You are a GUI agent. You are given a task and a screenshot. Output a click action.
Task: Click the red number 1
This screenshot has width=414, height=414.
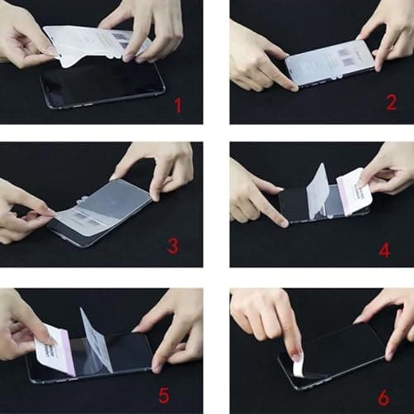click(x=176, y=105)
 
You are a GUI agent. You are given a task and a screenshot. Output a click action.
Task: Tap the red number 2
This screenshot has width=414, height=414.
click(x=391, y=103)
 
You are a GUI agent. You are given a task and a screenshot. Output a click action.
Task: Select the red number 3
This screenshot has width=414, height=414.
click(x=172, y=245)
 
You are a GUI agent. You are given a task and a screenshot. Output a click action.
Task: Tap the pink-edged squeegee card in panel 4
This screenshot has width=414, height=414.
click(x=354, y=193)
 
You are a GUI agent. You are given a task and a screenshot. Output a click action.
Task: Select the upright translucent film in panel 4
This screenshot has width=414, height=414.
click(x=318, y=190)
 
